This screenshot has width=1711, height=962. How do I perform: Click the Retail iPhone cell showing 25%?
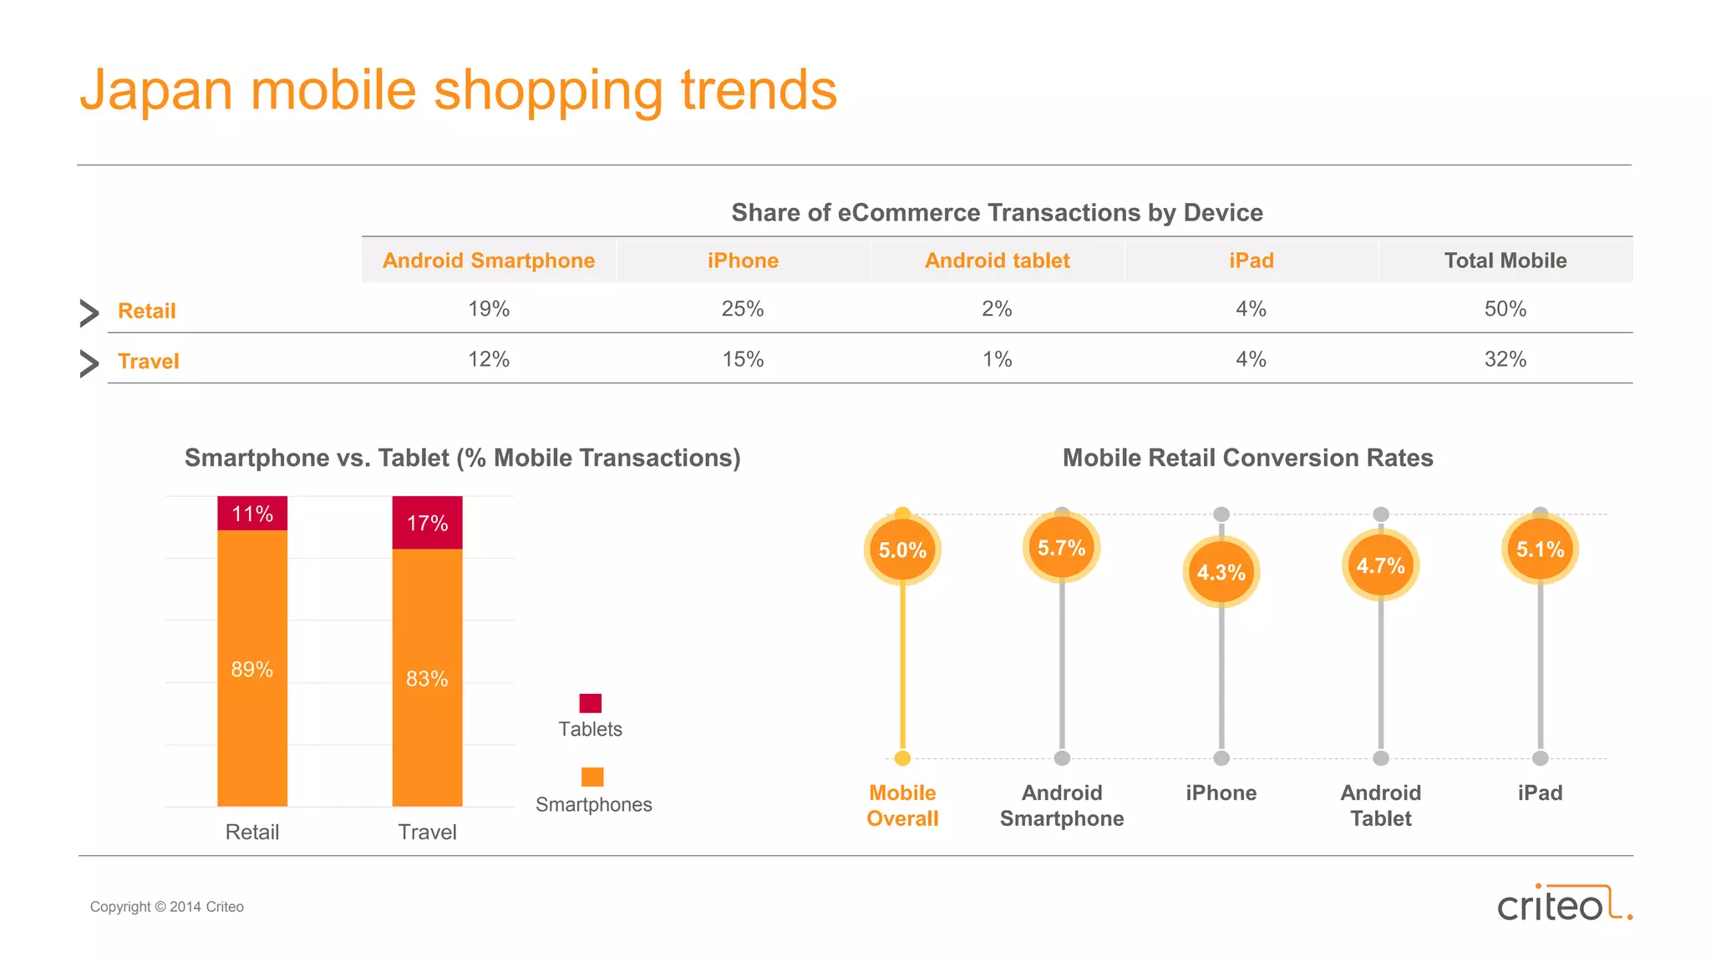click(743, 309)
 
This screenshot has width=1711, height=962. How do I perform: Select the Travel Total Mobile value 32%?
click(1505, 359)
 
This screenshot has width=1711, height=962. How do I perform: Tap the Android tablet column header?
click(997, 261)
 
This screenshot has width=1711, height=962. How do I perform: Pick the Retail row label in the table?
click(147, 311)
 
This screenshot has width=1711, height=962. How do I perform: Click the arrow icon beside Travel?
click(89, 363)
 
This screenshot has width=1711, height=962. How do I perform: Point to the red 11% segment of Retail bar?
click(252, 514)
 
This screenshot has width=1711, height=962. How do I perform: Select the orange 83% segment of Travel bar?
click(427, 678)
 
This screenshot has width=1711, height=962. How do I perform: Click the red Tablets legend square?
click(591, 703)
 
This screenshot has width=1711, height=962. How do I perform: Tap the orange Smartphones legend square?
click(592, 777)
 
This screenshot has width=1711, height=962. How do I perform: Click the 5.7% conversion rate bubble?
click(1061, 548)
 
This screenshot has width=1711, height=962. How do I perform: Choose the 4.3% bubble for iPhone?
click(1221, 572)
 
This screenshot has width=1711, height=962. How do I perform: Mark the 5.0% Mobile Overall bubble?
click(902, 550)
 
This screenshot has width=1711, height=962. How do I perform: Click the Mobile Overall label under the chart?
click(902, 805)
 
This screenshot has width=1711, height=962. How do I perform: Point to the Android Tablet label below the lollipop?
click(1380, 805)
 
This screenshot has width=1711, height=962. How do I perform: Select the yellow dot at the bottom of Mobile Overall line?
click(902, 758)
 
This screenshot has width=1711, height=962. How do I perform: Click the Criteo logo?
click(1563, 904)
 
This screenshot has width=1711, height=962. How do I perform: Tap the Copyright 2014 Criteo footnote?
click(167, 907)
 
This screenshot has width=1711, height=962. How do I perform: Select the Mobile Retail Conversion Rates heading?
click(1247, 458)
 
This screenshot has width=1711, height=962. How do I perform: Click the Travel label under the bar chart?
click(427, 832)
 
